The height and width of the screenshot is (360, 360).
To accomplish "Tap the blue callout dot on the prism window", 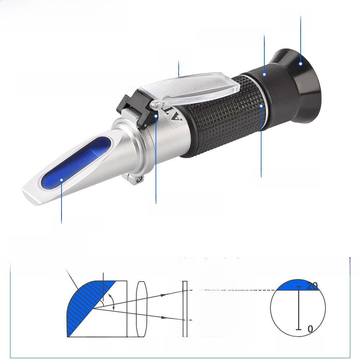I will (61, 180).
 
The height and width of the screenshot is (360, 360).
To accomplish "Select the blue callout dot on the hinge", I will (156, 116).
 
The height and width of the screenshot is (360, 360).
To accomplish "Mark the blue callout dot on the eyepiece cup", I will (301, 64).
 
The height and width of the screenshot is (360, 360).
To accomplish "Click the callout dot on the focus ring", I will (264, 74).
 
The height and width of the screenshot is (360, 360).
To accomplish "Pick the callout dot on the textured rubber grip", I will (261, 105).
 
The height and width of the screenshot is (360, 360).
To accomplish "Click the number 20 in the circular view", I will (312, 286).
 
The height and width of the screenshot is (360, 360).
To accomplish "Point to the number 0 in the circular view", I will (310, 329).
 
